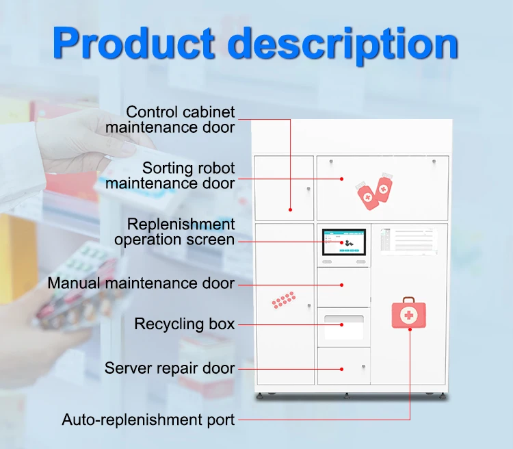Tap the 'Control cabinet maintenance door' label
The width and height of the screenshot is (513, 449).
pos(180,119)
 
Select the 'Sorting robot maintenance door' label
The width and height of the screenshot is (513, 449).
pos(170,175)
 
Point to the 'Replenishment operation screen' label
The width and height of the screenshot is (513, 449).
pos(174,232)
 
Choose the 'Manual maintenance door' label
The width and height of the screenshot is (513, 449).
pos(141,283)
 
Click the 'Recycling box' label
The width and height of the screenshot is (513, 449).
pos(184,324)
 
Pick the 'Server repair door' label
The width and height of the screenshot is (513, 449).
pos(169,368)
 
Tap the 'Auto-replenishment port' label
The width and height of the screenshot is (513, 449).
pos(148,420)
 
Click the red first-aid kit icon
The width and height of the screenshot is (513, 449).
pos(408,313)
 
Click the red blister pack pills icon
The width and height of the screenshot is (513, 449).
pos(283,300)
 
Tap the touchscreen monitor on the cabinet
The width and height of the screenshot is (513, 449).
pos(343,242)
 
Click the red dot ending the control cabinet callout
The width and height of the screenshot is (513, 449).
pos(290,209)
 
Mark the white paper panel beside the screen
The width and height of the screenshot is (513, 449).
pos(408,241)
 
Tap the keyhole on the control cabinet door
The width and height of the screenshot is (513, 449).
pos(308,189)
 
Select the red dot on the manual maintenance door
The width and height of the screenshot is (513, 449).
pos(341,283)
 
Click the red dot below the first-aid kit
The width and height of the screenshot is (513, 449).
pos(410,330)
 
